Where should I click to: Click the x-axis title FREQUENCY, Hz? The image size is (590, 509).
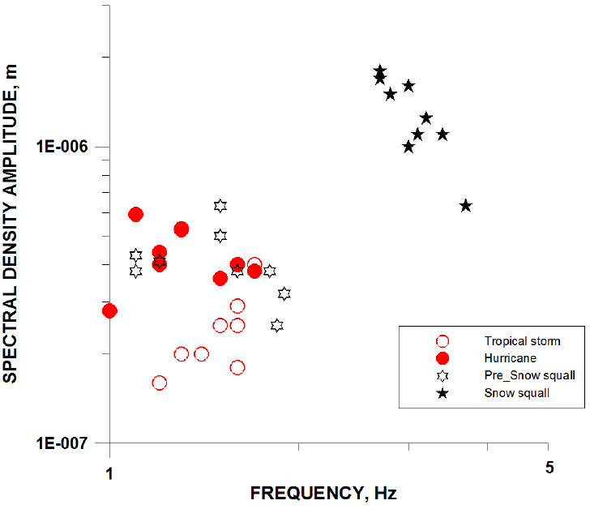click(x=323, y=493)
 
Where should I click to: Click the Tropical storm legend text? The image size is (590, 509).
click(x=522, y=341)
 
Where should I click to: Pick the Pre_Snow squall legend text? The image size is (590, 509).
click(x=530, y=375)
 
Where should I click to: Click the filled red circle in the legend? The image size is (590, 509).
click(x=442, y=357)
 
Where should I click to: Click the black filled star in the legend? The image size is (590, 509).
click(x=442, y=393)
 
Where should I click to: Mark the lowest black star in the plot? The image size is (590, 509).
click(x=465, y=206)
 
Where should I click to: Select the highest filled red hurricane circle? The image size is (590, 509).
click(x=136, y=214)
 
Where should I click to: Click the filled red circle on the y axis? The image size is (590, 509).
click(x=109, y=310)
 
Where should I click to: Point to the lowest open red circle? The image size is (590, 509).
click(x=160, y=383)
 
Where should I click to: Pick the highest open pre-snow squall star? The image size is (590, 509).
click(x=220, y=206)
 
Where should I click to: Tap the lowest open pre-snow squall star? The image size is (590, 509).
click(x=277, y=325)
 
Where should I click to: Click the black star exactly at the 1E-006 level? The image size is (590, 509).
click(x=408, y=147)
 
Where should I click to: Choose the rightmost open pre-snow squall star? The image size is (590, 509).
click(x=284, y=293)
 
